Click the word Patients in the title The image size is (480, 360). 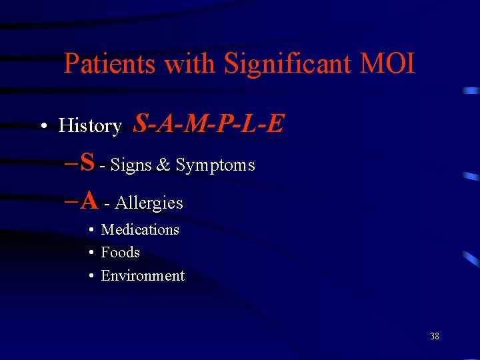pyautogui.click(x=110, y=64)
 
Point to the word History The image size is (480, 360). pyautogui.click(x=90, y=125)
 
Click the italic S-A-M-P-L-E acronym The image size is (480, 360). pyautogui.click(x=209, y=123)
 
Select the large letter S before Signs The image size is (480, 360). pyautogui.click(x=87, y=161)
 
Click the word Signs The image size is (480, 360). pyautogui.click(x=131, y=165)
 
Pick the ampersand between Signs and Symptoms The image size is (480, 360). pyautogui.click(x=163, y=165)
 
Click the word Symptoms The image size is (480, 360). pyautogui.click(x=215, y=165)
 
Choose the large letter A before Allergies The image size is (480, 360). pyautogui.click(x=89, y=199)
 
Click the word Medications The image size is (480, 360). pyautogui.click(x=140, y=229)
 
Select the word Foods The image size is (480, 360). pyautogui.click(x=120, y=252)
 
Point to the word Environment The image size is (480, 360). pyautogui.click(x=142, y=275)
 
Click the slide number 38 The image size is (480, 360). pyautogui.click(x=434, y=336)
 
